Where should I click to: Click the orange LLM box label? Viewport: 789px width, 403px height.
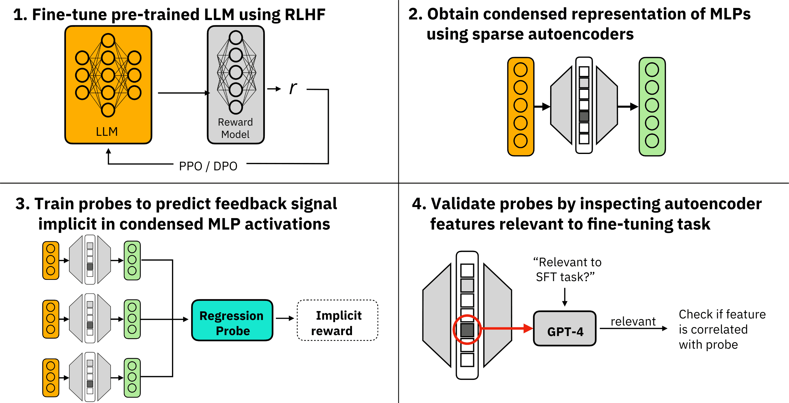tap(107, 132)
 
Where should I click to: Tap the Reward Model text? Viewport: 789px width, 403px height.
tap(235, 128)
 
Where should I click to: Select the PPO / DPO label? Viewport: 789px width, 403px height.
tap(208, 166)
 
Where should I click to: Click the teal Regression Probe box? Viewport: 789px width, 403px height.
tap(232, 320)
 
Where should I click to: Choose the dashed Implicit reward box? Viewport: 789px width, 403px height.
tap(337, 320)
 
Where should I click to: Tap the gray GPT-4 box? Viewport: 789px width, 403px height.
tap(565, 329)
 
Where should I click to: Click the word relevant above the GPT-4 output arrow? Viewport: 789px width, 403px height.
tap(633, 322)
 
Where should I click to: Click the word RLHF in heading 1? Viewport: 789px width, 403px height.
tap(305, 15)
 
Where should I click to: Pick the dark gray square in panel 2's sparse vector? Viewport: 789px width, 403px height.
tap(584, 116)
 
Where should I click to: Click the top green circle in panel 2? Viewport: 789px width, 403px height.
tap(652, 70)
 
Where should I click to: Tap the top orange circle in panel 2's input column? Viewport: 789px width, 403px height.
tap(521, 70)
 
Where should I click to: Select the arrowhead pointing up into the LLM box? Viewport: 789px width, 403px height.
tap(108, 151)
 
